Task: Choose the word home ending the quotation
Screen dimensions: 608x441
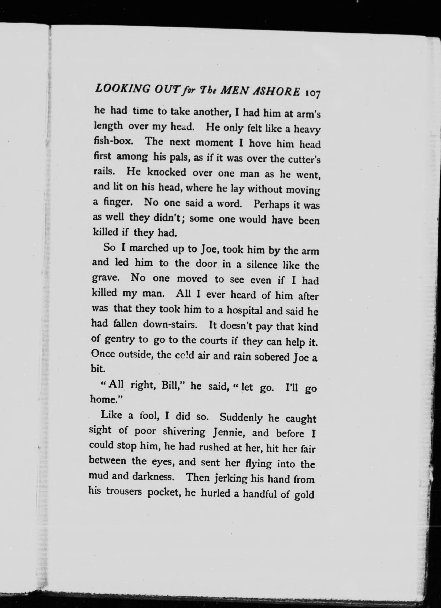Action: pyautogui.click(x=105, y=399)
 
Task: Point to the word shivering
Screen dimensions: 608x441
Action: pyautogui.click(x=184, y=432)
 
